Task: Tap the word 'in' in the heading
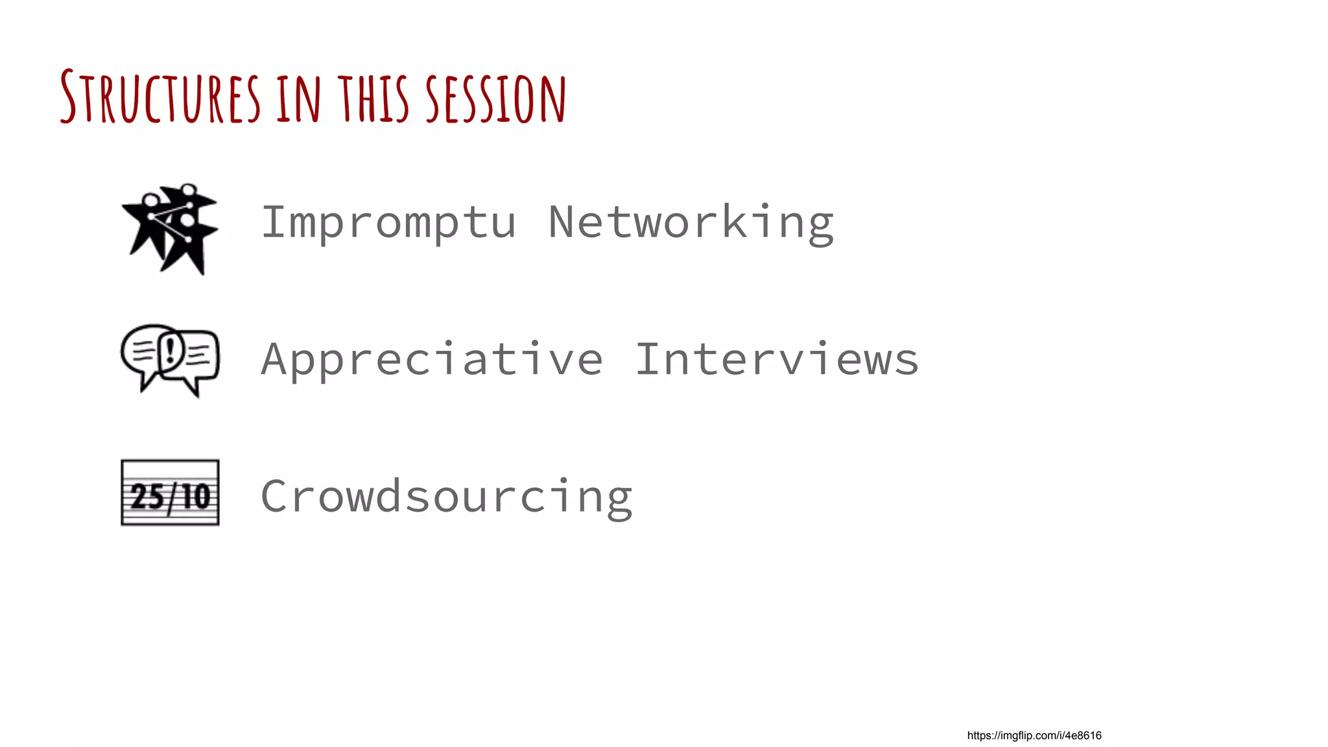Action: click(x=298, y=99)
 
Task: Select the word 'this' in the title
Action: click(x=373, y=99)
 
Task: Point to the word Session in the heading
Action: click(x=495, y=99)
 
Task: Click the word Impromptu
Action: click(x=388, y=223)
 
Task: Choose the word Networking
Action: click(x=691, y=223)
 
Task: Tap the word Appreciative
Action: click(x=432, y=360)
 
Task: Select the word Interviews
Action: click(x=777, y=360)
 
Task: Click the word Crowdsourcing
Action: click(x=446, y=497)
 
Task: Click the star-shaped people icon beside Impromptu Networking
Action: click(x=170, y=228)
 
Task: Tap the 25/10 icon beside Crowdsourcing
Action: click(x=170, y=493)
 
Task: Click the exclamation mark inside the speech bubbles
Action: click(x=171, y=349)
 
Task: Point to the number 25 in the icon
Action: click(x=147, y=497)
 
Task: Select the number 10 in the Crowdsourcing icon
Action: click(x=195, y=497)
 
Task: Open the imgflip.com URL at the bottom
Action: click(x=1034, y=735)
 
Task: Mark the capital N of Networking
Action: click(x=562, y=222)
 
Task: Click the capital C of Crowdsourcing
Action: click(x=275, y=497)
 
